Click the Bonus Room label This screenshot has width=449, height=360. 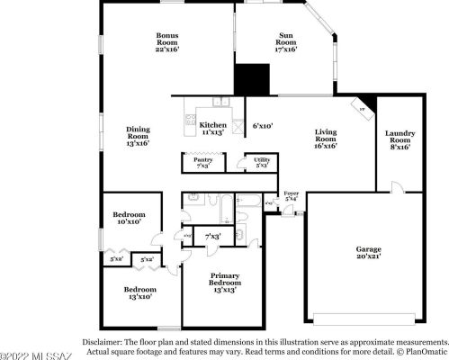(167, 42)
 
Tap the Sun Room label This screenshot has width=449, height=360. (285, 42)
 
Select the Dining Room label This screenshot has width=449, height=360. (138, 136)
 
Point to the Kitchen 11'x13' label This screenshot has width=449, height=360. (213, 129)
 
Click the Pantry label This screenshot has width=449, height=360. (203, 163)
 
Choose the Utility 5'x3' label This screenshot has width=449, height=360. (262, 163)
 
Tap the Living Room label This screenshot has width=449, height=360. (325, 139)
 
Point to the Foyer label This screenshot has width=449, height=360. (291, 196)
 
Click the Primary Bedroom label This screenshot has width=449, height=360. (224, 282)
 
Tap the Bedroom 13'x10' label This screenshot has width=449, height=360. (140, 293)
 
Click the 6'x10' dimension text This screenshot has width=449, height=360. (262, 126)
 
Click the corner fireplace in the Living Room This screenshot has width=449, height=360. (363, 107)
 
